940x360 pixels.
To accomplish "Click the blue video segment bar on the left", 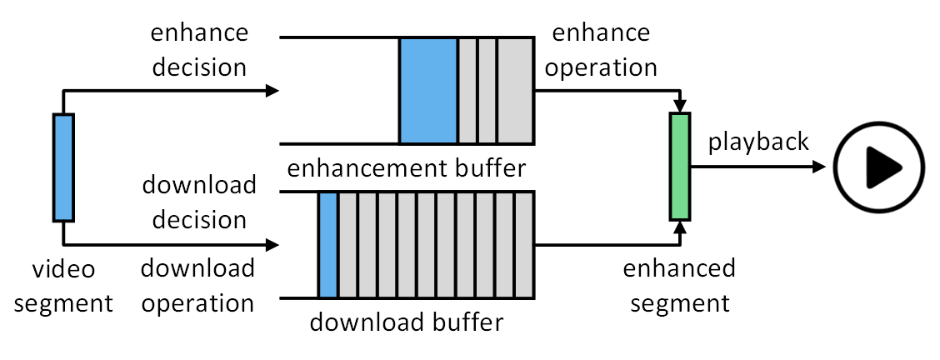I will (x=63, y=167).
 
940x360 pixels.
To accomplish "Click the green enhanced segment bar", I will (x=680, y=167).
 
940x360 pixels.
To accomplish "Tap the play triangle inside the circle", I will (x=882, y=167).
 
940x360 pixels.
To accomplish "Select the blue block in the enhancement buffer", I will (x=428, y=90).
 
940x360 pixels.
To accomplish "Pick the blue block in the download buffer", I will (x=327, y=245).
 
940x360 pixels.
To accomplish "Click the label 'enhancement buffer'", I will (x=407, y=168).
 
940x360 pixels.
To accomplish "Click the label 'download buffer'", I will (x=407, y=322).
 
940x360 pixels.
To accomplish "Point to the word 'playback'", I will (x=758, y=142).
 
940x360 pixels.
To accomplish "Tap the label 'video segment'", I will (x=63, y=286).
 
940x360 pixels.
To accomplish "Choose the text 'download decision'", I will (x=198, y=202).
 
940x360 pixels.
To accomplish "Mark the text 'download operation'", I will (x=198, y=285).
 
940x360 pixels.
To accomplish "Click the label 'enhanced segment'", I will (x=679, y=285).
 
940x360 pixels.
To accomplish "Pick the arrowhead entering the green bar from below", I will (x=680, y=227).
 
